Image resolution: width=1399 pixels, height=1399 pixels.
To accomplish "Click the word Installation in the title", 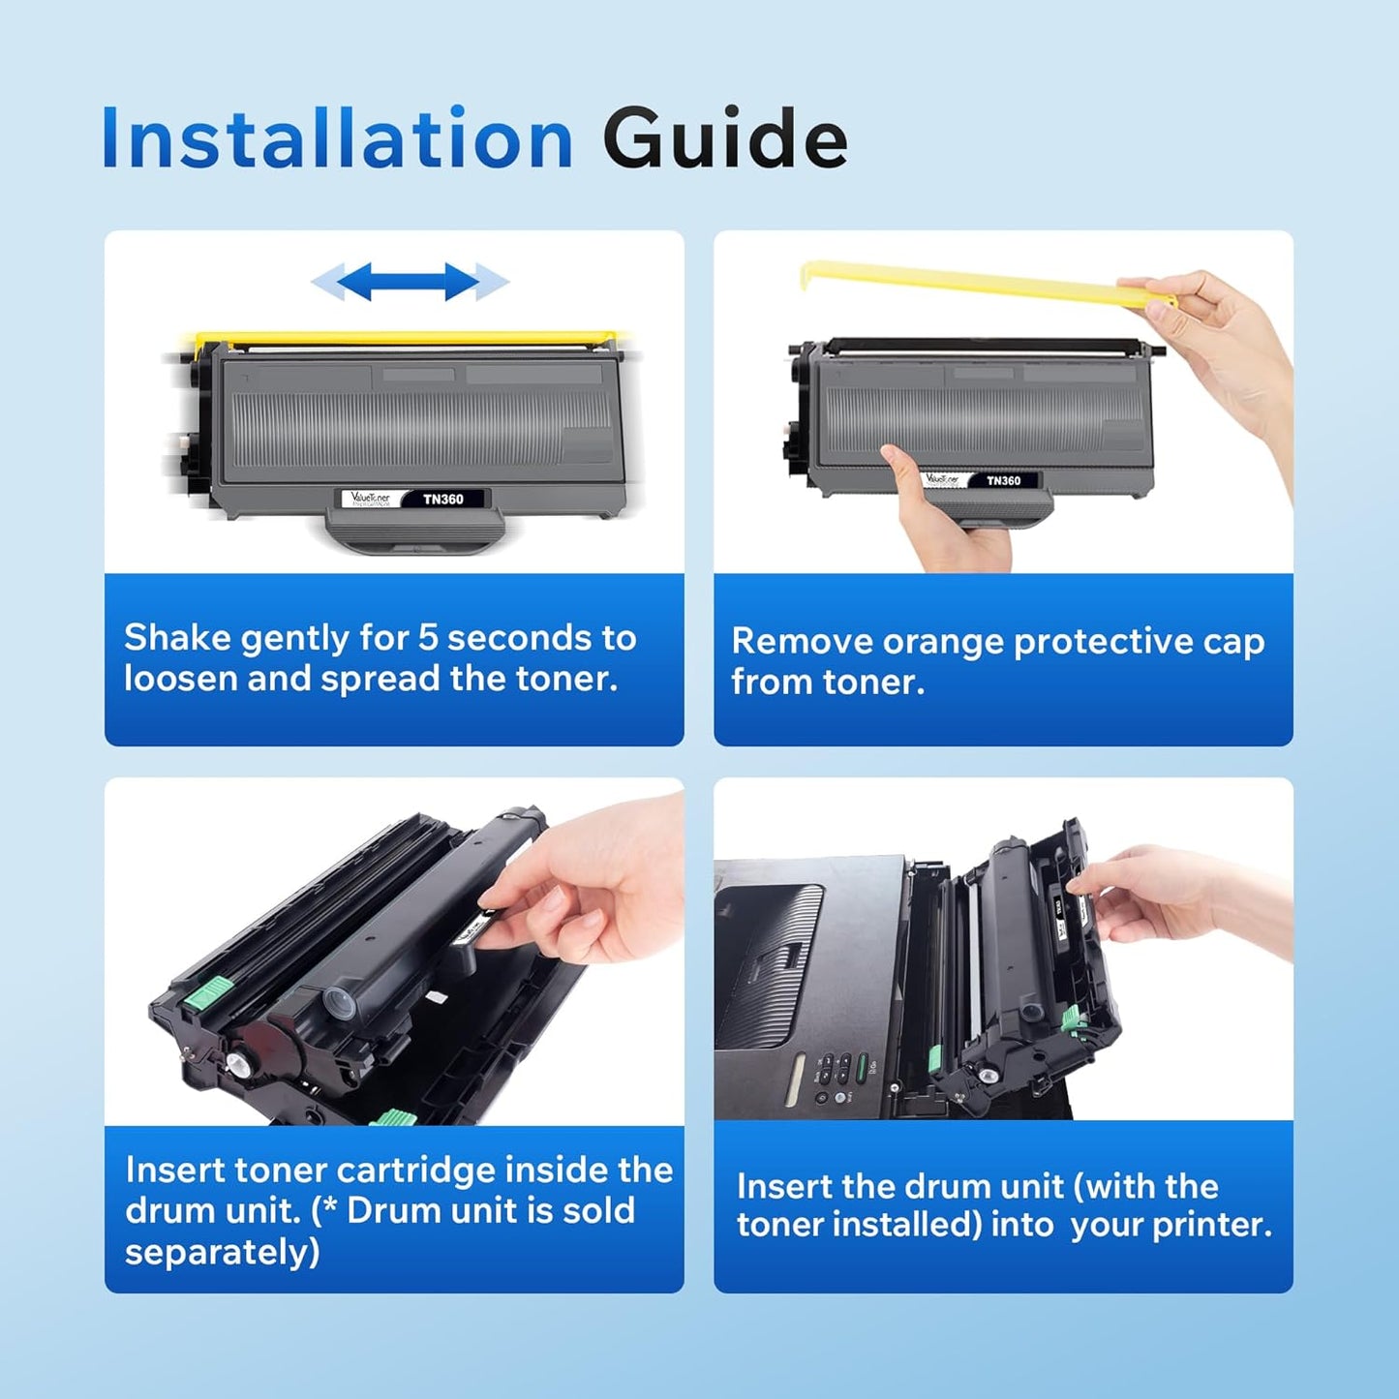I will coord(337,139).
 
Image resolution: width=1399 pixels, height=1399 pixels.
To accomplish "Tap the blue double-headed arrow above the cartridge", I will coord(409,282).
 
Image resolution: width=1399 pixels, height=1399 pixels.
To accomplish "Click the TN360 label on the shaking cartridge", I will coord(442,500).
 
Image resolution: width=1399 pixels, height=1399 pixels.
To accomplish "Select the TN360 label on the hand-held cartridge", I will coord(1003,480).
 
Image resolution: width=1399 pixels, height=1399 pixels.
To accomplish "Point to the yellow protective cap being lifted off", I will coord(968,282).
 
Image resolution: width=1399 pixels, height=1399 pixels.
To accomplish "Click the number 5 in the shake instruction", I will coord(428,638).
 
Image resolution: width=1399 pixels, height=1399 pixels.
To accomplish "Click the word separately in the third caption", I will coord(222,1252).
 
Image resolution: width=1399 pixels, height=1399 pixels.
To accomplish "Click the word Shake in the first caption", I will coord(177,638).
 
